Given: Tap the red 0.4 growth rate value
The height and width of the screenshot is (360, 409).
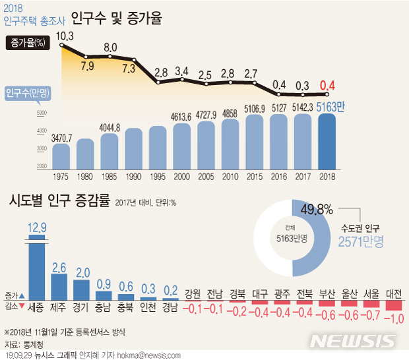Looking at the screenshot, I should click(327, 85).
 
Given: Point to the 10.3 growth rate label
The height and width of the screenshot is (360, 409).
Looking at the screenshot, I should click(64, 36).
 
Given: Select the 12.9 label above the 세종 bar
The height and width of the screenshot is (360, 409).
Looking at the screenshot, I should click(37, 228).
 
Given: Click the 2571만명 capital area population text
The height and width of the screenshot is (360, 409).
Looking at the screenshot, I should click(361, 242).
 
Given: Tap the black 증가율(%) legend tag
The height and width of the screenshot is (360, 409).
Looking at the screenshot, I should click(28, 44).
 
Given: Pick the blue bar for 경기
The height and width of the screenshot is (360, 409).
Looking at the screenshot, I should click(82, 289).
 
